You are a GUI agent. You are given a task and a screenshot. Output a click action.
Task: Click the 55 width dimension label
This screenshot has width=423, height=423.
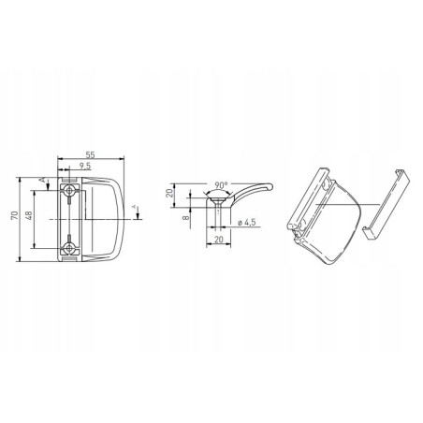(90, 154)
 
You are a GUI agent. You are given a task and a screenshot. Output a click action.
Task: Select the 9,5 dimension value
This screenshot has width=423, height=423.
(84, 166)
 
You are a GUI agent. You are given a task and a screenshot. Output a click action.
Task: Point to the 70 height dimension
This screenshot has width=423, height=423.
(14, 215)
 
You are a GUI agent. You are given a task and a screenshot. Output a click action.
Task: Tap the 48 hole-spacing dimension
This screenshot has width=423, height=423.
(29, 215)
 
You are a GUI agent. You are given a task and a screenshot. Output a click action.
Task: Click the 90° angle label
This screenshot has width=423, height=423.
(221, 185)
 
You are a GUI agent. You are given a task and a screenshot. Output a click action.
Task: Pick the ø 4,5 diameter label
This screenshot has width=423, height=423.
(246, 222)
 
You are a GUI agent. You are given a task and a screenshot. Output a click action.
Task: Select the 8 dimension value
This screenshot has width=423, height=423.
(186, 217)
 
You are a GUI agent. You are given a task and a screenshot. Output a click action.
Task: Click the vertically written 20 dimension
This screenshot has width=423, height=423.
(169, 193)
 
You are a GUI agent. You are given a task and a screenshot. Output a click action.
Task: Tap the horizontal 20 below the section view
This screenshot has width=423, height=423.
(219, 240)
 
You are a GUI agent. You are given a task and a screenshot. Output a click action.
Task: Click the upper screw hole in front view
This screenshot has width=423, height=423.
(69, 190)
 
